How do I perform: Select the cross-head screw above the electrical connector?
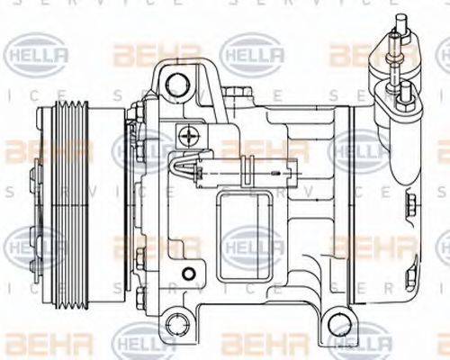coord(189,137)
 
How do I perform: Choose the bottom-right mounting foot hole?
coord(336,321)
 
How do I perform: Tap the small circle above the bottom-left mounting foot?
coord(186,273)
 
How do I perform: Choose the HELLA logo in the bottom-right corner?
coord(360,343)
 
